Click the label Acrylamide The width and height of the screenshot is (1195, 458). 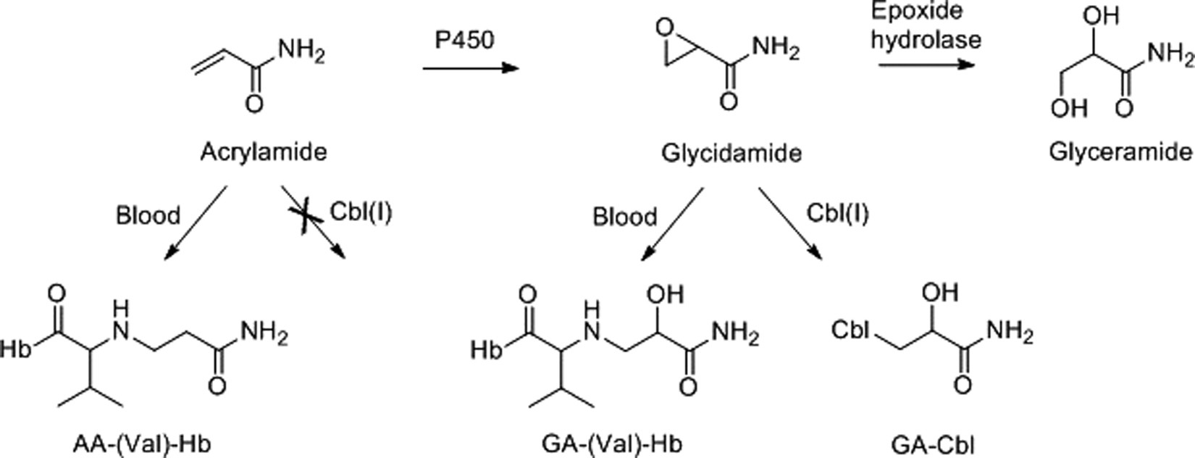pos(264,152)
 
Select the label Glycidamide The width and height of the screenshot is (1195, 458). pos(731,154)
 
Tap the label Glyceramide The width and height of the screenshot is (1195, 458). pos(1120,152)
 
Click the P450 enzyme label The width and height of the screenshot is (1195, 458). pos(464,40)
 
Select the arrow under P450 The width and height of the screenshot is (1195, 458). pos(471,69)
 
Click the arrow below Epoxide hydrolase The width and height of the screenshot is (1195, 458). pos(926,64)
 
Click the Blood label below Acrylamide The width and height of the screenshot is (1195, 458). pos(148,215)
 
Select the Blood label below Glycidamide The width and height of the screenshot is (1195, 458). pos(625,217)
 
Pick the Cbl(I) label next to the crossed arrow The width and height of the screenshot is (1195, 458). pos(361,213)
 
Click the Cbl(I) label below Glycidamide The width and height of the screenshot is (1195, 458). pos(837,213)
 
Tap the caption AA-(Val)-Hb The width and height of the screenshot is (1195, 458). pos(142,444)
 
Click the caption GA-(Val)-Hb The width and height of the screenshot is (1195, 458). pos(614,444)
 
